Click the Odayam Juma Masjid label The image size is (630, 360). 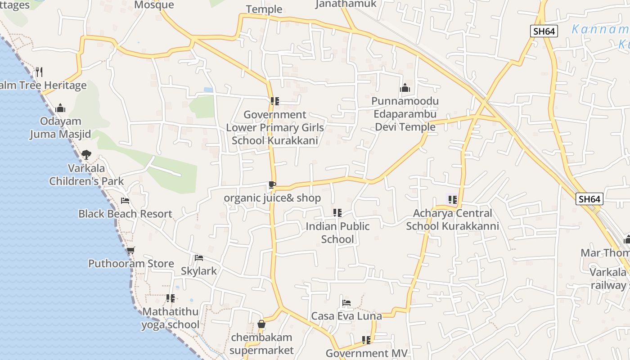[x=60, y=128]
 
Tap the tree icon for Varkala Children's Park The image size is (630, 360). [x=86, y=155]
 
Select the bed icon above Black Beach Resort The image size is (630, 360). [x=125, y=201]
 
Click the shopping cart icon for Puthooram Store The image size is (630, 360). [x=130, y=251]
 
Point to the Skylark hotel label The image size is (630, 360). [x=199, y=271]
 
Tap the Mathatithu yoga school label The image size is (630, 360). [x=171, y=318]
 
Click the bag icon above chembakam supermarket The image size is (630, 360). [x=261, y=324]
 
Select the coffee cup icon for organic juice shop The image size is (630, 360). [x=272, y=184]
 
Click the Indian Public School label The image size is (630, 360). [x=337, y=233]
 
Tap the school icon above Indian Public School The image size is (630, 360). [x=337, y=213]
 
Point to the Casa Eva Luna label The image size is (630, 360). [x=346, y=316]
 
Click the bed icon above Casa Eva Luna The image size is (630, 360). [x=346, y=303]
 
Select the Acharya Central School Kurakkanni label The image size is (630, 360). [x=453, y=220]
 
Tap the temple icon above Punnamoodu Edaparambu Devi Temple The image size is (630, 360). [x=405, y=88]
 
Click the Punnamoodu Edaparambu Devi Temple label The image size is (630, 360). [x=405, y=114]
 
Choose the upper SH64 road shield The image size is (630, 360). [x=544, y=31]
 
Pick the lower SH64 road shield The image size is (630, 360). [x=589, y=199]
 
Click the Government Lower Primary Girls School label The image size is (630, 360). [x=275, y=128]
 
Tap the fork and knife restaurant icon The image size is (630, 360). [x=39, y=72]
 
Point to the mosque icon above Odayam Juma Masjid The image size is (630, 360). [x=60, y=108]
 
